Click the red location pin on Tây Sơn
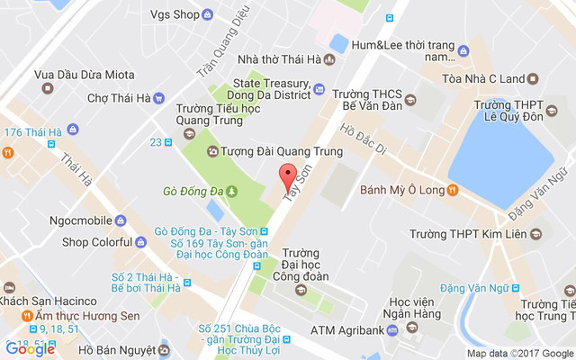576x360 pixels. (287, 175)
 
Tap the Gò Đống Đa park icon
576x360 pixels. (231, 191)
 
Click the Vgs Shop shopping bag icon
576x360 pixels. (208, 14)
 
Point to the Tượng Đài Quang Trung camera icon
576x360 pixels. (211, 151)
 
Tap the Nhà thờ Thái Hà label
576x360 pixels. (280, 61)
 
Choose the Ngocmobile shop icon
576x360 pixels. (121, 220)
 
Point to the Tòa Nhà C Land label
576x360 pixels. (483, 79)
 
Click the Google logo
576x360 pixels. (30, 349)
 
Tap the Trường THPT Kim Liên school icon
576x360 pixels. (535, 235)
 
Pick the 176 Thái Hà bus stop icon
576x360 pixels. (54, 132)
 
